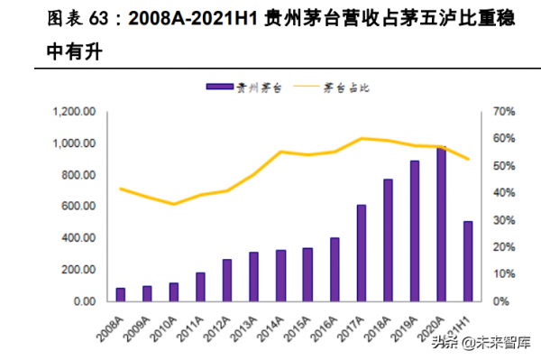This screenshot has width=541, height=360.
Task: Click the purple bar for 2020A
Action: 441,224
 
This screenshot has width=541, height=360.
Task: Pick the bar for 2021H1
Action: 467,261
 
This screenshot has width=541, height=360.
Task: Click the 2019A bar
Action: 414,230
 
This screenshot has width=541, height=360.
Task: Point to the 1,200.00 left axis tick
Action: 76,112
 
